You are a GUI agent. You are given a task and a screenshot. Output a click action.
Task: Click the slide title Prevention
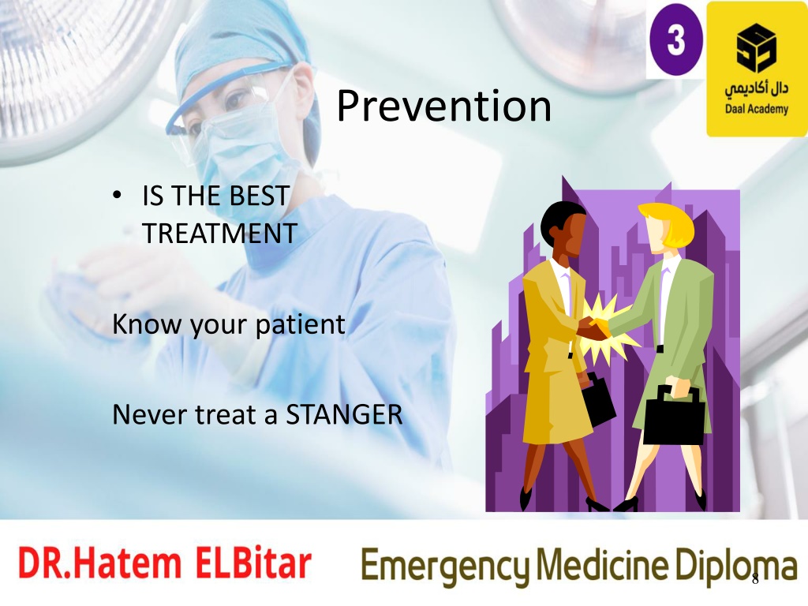click(443, 107)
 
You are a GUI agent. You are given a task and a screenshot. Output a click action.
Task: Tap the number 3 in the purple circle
click(675, 39)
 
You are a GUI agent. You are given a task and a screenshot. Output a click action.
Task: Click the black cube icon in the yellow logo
click(756, 47)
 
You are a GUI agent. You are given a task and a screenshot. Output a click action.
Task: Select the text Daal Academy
click(757, 109)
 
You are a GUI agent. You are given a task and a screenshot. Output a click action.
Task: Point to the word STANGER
click(344, 414)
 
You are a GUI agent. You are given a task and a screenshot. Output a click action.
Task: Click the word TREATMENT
click(219, 233)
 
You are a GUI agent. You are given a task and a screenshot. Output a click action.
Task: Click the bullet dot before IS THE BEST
click(117, 196)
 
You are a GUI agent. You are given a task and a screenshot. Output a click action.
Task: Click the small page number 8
click(755, 578)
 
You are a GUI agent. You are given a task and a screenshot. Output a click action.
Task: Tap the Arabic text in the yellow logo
click(757, 89)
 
